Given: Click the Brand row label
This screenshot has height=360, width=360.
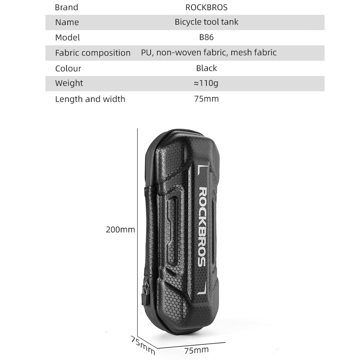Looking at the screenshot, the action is pos(66,7).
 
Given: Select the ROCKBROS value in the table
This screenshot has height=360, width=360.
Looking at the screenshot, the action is pos(206,7).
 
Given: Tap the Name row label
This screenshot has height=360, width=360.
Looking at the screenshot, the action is pos(67,22).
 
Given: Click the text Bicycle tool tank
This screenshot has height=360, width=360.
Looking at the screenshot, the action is pos(206,22).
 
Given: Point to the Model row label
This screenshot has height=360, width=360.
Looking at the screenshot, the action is pos(67,38).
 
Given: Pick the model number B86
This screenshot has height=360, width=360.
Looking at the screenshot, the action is pos(206,37).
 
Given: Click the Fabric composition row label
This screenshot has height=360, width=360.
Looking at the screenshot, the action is pos(93,53).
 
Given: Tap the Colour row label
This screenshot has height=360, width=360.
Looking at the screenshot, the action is pos(68,68).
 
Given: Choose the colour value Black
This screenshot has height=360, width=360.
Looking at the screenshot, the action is pos(206,68).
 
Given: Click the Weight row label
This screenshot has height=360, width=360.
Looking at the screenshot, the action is pos(69,83).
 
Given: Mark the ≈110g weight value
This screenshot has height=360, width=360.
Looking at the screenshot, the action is pos(206,83).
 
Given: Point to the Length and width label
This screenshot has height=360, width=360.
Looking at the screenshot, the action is pos(90,99).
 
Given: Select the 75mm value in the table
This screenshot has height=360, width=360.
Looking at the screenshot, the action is pos(206,99).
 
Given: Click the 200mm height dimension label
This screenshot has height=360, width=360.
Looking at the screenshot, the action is pos(120,230).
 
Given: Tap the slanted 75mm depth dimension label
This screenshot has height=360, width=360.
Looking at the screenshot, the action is pos(143,344).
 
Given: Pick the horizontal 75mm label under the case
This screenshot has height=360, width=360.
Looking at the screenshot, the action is pos(196,350).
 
